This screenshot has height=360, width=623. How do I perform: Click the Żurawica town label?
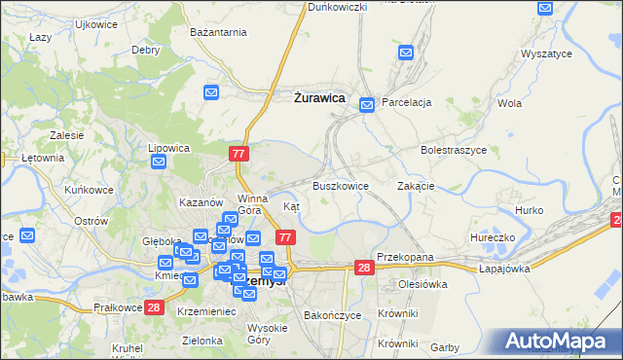[318, 96]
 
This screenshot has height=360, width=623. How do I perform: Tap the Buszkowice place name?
[340, 185]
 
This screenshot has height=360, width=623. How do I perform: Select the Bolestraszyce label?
[454, 151]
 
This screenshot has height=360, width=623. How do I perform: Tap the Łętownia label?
[43, 157]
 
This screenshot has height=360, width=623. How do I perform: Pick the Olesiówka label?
[421, 284]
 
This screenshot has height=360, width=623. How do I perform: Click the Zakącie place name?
[416, 185]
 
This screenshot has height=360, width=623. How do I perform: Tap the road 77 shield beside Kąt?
[285, 237]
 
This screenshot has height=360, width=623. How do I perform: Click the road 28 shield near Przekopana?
[364, 268]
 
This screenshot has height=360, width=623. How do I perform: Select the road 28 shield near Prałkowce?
[154, 307]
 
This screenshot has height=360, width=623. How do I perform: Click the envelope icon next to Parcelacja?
[367, 104]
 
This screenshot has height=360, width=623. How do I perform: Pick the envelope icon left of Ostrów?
[27, 235]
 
